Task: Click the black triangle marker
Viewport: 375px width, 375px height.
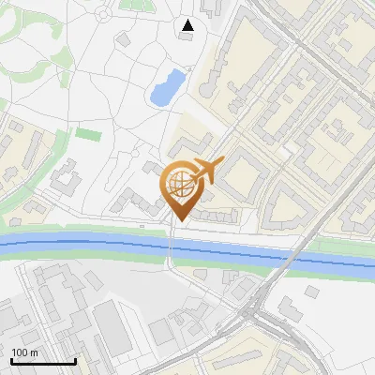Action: pyautogui.click(x=187, y=25)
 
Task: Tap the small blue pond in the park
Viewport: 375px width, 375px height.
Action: pyautogui.click(x=165, y=88)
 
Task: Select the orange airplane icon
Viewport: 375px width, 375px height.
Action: pyautogui.click(x=207, y=171)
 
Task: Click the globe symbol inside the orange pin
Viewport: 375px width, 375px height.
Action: pyautogui.click(x=179, y=186)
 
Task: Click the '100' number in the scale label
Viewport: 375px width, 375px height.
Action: pyautogui.click(x=20, y=352)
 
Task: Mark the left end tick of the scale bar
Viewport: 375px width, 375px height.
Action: pyautogui.click(x=11, y=361)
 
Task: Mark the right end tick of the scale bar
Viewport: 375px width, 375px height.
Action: pyautogui.click(x=75, y=361)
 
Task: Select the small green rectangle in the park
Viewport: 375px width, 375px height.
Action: pyautogui.click(x=88, y=134)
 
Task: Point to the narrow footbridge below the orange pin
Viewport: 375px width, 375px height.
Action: pyautogui.click(x=171, y=248)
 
